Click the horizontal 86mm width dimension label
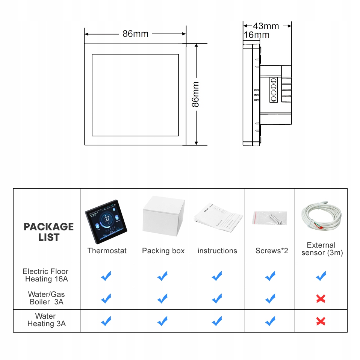point(135,34)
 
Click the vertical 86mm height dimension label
point(196,94)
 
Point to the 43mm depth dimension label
point(266,26)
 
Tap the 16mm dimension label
point(257,35)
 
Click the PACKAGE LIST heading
point(48,232)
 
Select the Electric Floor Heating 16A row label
point(45,275)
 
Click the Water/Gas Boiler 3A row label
point(47,298)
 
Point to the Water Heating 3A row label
point(46,320)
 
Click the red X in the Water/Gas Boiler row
point(321,299)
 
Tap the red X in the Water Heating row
point(321,321)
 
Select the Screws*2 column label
point(272,251)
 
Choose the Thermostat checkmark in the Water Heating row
point(106,321)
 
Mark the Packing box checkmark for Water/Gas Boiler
point(162,299)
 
